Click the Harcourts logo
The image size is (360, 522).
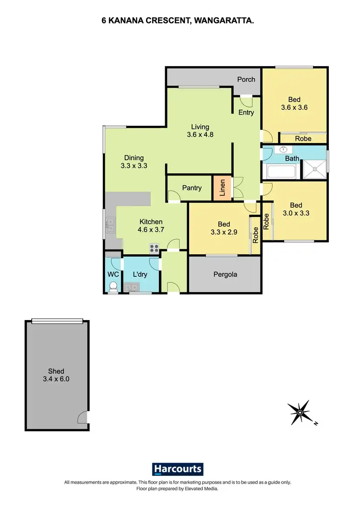(x=178, y=469)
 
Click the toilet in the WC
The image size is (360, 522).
(x=113, y=286)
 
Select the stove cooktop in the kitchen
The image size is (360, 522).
(x=155, y=248)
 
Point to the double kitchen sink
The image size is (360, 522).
(x=110, y=225)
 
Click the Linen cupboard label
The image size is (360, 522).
(x=222, y=188)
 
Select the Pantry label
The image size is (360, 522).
(x=192, y=188)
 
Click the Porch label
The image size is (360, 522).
(x=246, y=79)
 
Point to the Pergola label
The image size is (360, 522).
(x=225, y=275)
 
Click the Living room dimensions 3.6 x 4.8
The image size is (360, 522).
(x=200, y=135)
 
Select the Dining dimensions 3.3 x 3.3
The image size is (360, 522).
(x=134, y=166)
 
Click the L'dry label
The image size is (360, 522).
(x=140, y=274)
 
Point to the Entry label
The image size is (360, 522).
(x=246, y=112)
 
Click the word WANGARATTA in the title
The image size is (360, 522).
(x=227, y=21)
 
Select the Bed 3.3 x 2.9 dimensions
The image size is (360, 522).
(x=224, y=232)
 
